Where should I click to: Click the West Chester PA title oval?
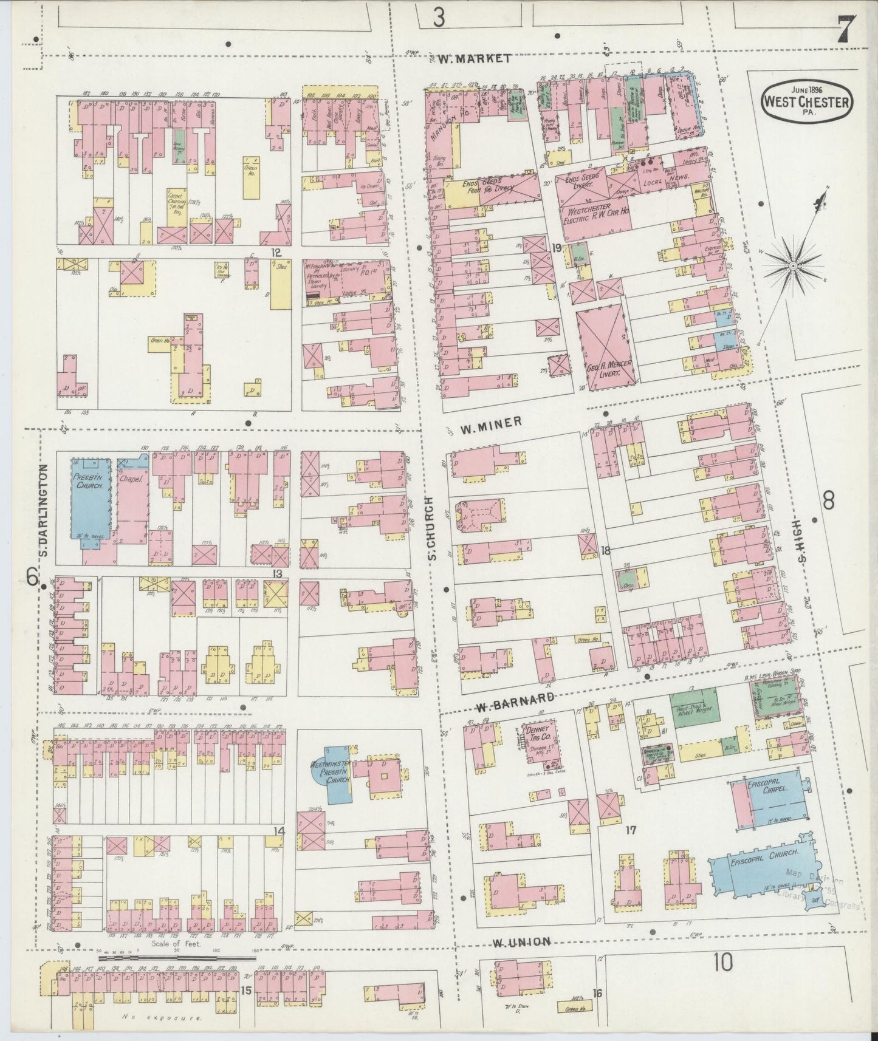pyautogui.click(x=806, y=98)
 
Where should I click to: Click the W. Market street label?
pyautogui.click(x=473, y=58)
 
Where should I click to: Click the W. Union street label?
pyautogui.click(x=521, y=959)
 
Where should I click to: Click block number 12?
pyautogui.click(x=276, y=251)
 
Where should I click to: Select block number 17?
pyautogui.click(x=631, y=830)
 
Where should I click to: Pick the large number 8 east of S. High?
pyautogui.click(x=828, y=501)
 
